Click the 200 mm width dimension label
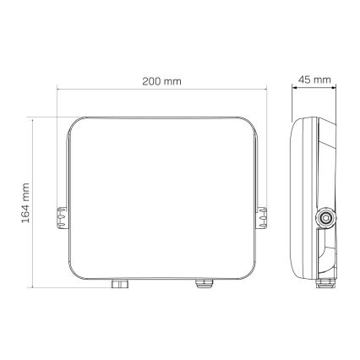[x=161, y=81]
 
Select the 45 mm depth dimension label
[x=314, y=81]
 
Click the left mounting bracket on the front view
[x=61, y=220]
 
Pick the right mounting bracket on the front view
[x=263, y=220]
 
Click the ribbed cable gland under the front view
[x=203, y=284]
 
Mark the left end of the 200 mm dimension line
[x=57, y=90]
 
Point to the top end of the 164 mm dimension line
[x=33, y=118]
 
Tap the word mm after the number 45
[x=322, y=81]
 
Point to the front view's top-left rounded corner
[x=78, y=124]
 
